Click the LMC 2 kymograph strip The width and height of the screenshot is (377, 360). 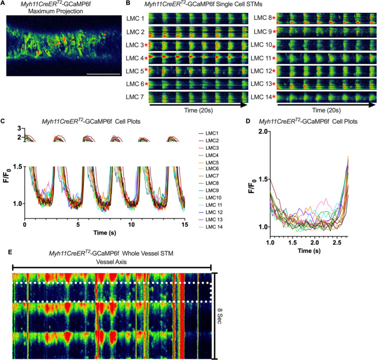(x=198, y=32)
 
